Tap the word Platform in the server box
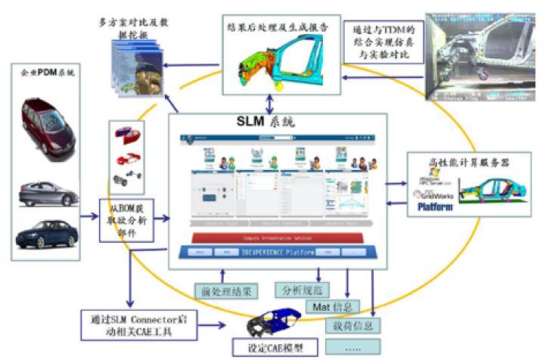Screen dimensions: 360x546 (436, 206)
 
